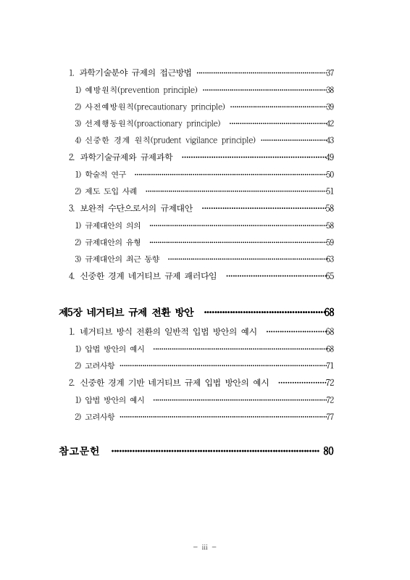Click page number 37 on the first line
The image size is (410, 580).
[330, 73]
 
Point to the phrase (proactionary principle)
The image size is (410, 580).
[178, 123]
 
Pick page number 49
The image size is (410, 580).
[330, 157]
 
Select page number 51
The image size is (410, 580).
[330, 191]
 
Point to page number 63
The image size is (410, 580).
[330, 259]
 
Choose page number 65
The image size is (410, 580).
[330, 275]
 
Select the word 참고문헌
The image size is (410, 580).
[80, 451]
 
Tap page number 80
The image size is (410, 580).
[328, 451]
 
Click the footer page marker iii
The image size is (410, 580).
[205, 547]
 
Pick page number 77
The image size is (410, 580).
[330, 416]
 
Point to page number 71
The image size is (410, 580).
[330, 365]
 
